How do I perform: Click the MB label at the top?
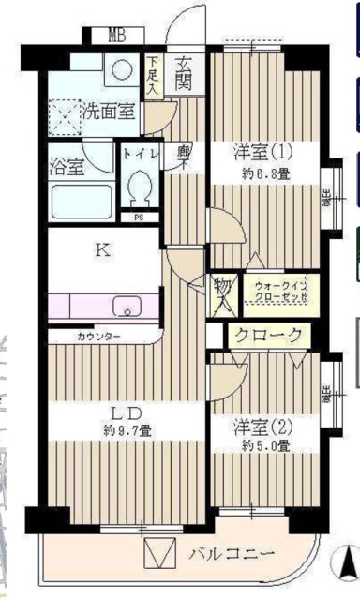click(x=116, y=37)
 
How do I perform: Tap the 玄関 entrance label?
click(x=184, y=72)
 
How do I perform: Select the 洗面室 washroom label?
click(x=109, y=110)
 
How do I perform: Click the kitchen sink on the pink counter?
click(x=126, y=307)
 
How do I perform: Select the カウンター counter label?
click(x=98, y=335)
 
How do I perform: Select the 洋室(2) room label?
click(x=263, y=427)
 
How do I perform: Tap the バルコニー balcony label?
click(x=230, y=552)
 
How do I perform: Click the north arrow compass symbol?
click(x=341, y=562)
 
